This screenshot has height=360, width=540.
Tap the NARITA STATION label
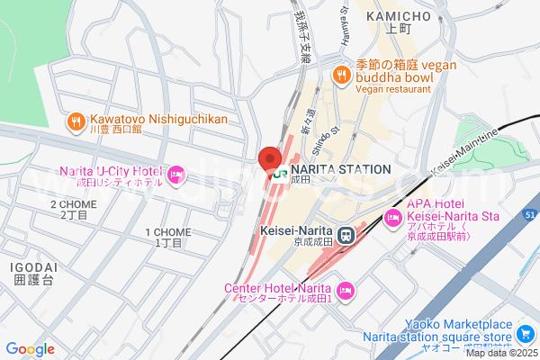point(341,169)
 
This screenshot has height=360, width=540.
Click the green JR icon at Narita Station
point(279,169)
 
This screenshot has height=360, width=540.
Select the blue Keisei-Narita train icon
point(346,233)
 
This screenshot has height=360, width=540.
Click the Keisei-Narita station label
point(296,230)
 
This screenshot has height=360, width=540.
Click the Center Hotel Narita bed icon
point(346,290)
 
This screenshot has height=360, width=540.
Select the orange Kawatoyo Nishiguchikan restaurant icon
point(76,120)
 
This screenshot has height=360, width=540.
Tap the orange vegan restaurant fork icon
point(341,75)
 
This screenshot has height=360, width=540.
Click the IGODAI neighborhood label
point(33,267)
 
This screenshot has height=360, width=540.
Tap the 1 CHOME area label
point(168,231)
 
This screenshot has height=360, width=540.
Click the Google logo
point(30,348)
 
